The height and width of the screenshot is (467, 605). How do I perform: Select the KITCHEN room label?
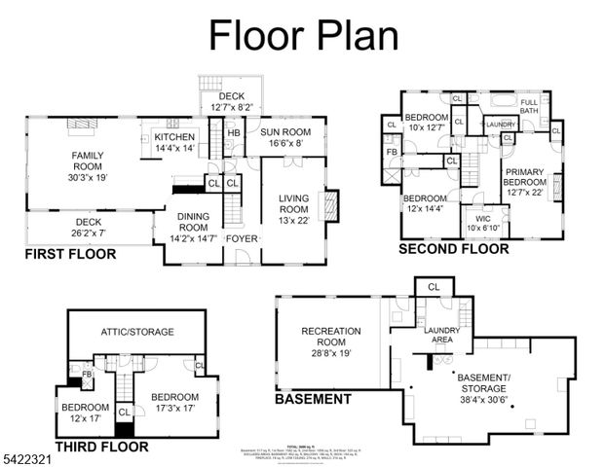(174, 143)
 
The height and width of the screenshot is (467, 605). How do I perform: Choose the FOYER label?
(241, 237)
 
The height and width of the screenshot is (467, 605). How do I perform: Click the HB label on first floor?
(234, 133)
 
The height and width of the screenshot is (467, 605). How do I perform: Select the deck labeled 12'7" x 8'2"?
(231, 101)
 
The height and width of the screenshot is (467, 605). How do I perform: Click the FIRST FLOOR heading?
(70, 255)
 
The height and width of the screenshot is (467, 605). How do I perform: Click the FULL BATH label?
(529, 108)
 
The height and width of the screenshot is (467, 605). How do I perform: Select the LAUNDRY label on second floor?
(501, 125)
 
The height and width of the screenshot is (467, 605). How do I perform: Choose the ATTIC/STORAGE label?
(136, 332)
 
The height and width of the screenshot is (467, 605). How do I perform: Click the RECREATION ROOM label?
(330, 337)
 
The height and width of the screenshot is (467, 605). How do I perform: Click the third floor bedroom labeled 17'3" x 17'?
(174, 403)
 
